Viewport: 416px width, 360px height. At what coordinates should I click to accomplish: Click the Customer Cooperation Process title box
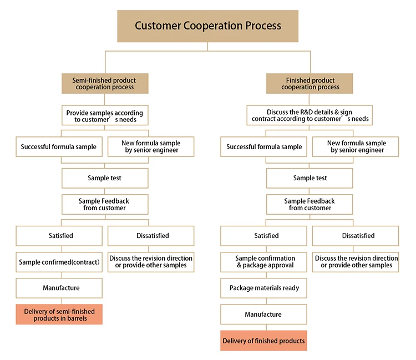tap(208, 26)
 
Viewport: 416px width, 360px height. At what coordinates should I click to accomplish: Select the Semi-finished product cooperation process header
tap(104, 83)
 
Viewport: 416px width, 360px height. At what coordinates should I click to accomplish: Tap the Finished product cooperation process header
tap(310, 83)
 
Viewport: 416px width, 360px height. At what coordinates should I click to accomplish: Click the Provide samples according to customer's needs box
tap(105, 115)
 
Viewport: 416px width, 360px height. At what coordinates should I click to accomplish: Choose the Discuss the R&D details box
tap(310, 115)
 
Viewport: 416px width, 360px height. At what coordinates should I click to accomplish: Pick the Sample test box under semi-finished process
tap(105, 178)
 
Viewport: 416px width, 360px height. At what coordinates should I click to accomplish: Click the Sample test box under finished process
tap(310, 178)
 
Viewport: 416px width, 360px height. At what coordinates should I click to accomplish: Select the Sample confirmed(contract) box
tap(59, 262)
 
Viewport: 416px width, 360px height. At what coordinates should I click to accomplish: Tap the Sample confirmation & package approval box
tap(265, 262)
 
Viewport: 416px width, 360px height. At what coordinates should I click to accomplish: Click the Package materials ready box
tap(264, 288)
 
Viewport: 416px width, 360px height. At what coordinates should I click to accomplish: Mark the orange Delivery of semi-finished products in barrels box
tap(59, 315)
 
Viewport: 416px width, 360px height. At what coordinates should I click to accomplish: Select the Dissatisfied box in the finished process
tap(355, 236)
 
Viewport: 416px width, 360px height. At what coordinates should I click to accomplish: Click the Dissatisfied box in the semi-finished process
tap(151, 236)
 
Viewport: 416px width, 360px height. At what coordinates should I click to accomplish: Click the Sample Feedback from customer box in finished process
tap(310, 204)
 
